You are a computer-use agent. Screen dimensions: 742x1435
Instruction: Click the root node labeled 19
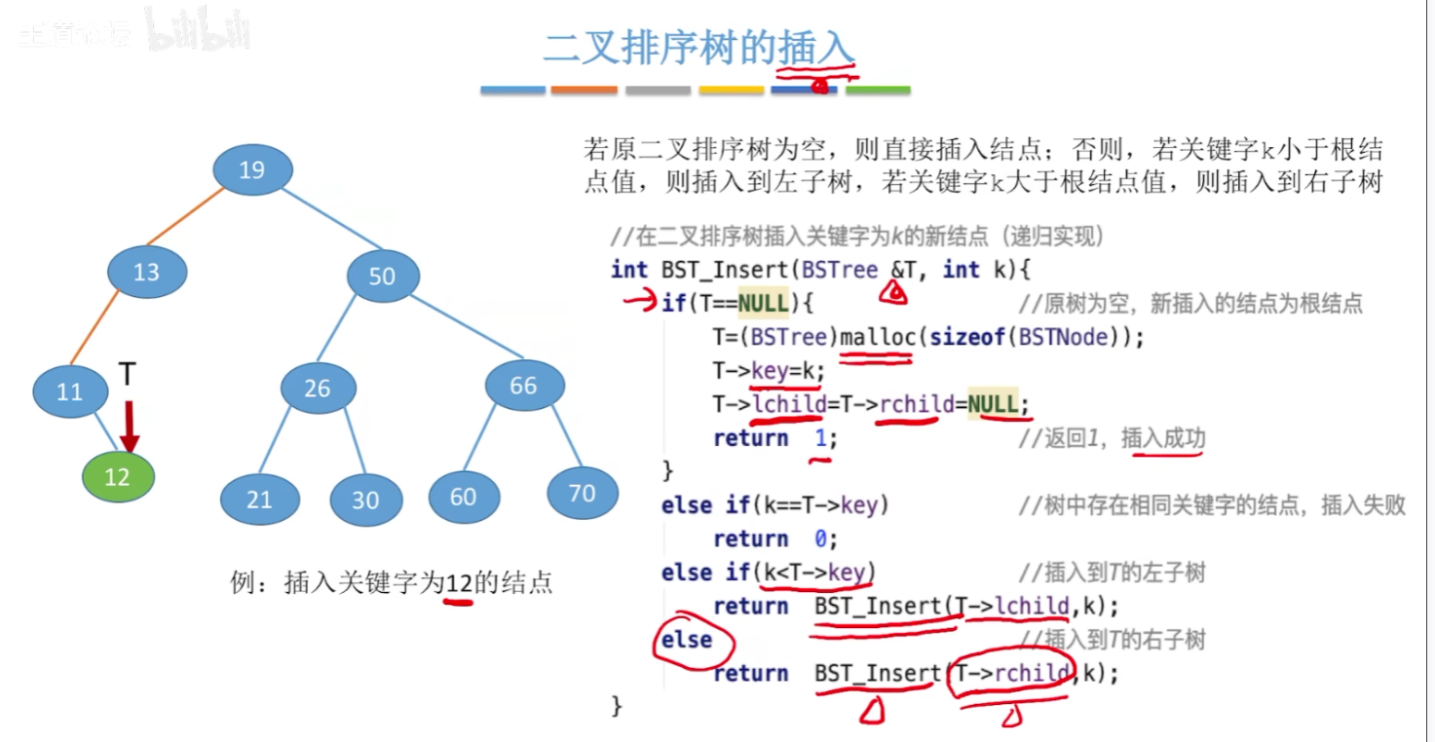pos(252,170)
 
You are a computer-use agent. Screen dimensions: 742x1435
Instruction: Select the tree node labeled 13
pos(146,272)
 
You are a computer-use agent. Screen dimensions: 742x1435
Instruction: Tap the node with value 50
pos(383,276)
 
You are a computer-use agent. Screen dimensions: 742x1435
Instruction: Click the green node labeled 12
pos(118,477)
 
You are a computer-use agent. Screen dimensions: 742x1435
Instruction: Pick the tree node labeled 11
pos(70,391)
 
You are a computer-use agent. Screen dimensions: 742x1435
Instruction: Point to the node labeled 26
pos(318,389)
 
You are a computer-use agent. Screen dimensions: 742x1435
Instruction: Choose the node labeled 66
pos(524,386)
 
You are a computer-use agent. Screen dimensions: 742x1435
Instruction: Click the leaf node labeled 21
pos(259,500)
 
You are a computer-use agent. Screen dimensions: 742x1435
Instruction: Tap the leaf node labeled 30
pos(365,500)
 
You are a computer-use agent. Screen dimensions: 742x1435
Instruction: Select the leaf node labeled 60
pos(464,497)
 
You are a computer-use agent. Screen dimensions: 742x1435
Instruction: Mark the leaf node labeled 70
pos(582,493)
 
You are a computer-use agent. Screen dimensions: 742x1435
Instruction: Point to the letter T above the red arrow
pos(128,373)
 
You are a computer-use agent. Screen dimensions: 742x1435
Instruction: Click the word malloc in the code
pos(875,337)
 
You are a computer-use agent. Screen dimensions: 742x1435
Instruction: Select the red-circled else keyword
pos(687,640)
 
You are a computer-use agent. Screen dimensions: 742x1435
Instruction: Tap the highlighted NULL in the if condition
pos(763,303)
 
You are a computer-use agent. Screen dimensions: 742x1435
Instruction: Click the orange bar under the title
pos(584,90)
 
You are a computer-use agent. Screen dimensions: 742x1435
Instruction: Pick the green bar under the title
pos(878,90)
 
